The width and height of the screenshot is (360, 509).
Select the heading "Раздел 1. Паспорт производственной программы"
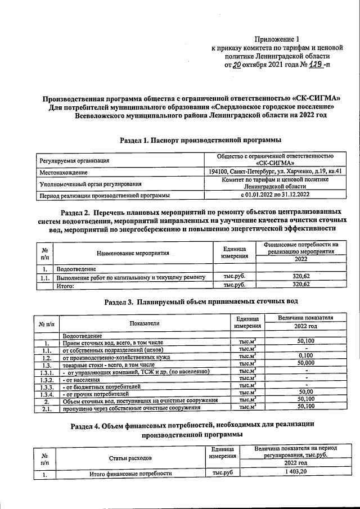tap(201, 139)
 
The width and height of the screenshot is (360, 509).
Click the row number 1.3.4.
tap(47, 394)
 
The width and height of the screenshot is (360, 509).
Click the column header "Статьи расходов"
tap(130, 458)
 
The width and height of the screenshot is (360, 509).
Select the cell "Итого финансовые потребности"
tap(130, 474)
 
